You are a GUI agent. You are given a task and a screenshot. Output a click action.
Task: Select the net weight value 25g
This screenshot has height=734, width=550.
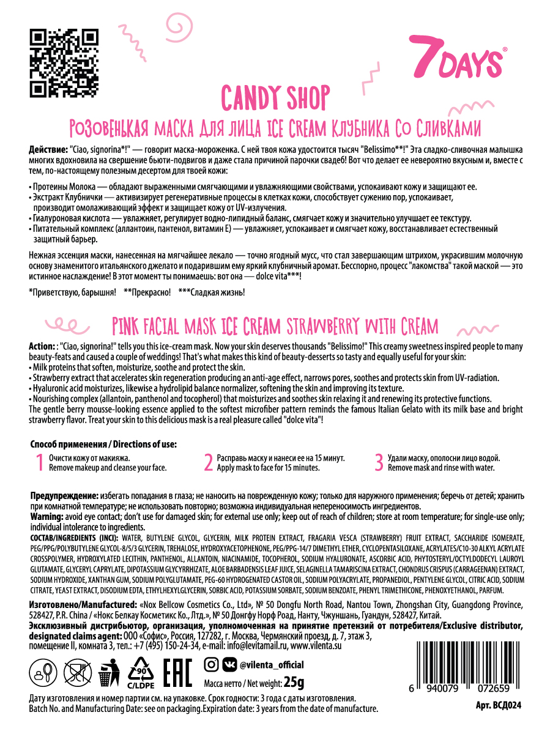pyautogui.click(x=294, y=681)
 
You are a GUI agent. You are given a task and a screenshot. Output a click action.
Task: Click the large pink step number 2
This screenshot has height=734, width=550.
pyautogui.click(x=208, y=462)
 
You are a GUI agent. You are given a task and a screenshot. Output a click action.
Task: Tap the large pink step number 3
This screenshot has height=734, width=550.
pyautogui.click(x=379, y=462)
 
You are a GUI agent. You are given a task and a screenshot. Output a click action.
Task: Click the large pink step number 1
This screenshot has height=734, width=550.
pyautogui.click(x=39, y=462)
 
